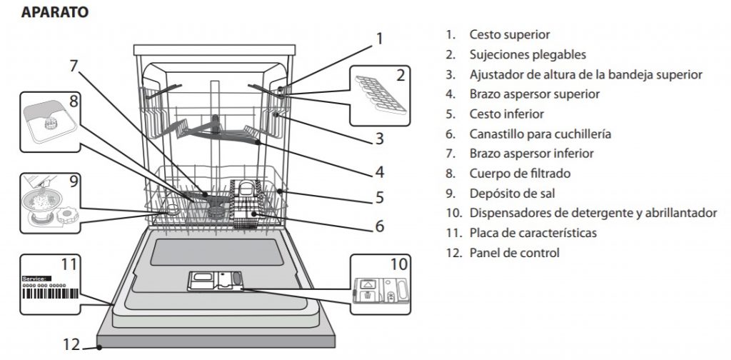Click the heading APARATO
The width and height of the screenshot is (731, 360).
55,12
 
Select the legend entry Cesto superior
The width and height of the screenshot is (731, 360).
509,34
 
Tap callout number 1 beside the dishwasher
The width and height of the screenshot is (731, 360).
380,38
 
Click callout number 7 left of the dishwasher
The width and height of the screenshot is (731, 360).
73,65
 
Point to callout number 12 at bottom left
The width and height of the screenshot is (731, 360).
70,344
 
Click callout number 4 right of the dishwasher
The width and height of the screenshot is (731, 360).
380,171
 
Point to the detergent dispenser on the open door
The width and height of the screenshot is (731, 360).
215,281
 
